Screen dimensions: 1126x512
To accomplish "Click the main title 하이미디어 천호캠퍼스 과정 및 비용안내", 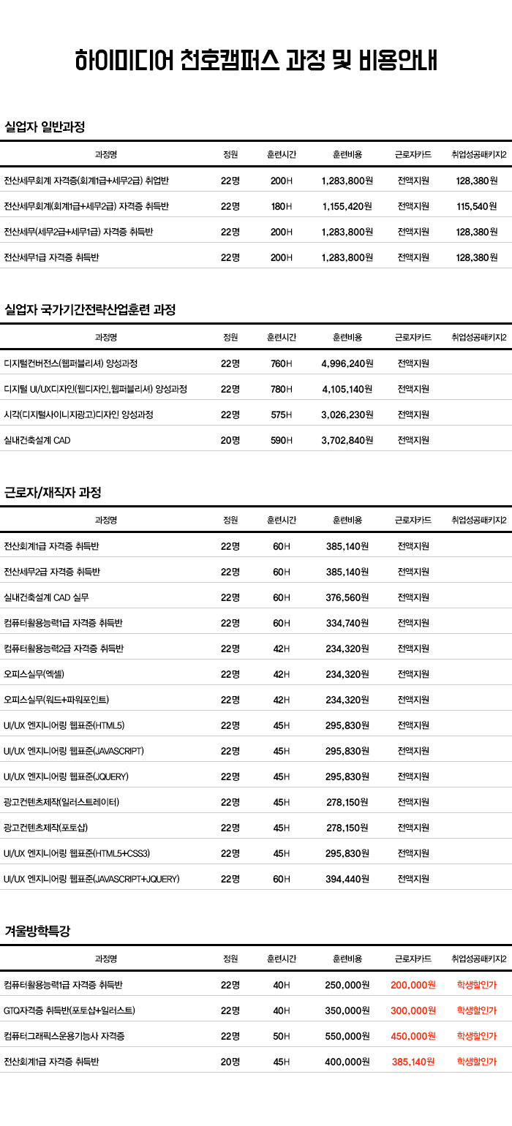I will (256, 61).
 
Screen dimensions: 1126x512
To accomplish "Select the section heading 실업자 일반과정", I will (45, 126).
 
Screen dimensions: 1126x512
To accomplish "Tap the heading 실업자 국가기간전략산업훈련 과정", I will (90, 309).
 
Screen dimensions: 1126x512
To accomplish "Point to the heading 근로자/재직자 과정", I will (53, 492).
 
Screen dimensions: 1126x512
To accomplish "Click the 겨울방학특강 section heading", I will (37, 931).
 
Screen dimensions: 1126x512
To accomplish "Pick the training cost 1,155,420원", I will (347, 206).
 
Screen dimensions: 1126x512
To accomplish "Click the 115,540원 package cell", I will (477, 206).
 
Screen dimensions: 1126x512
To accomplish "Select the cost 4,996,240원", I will (347, 363).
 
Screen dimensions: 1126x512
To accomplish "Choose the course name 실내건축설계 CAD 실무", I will (46, 597).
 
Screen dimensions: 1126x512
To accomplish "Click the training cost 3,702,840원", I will (347, 440).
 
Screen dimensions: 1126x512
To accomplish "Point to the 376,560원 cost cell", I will (347, 597).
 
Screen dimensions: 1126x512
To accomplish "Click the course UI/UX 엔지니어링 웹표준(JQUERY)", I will (66, 777).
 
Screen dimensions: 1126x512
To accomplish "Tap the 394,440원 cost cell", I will (347, 879).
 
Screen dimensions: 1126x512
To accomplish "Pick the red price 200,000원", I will (413, 985).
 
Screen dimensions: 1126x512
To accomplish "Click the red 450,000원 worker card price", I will (413, 1036).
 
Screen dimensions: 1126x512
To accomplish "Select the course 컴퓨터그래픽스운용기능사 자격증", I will (64, 1036).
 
